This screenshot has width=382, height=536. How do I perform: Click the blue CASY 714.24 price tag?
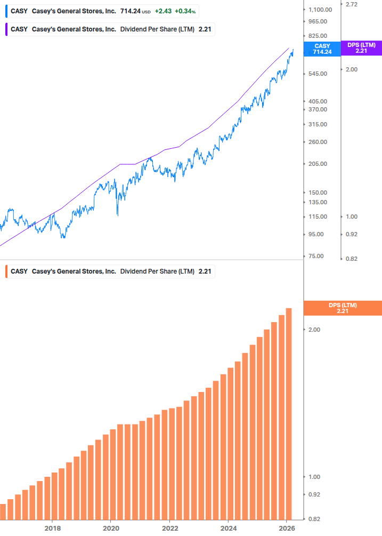(x=322, y=49)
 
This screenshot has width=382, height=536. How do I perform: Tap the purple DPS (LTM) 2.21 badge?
(x=361, y=48)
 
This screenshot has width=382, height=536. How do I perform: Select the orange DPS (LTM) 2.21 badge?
(x=342, y=308)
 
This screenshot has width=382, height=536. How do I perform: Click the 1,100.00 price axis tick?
(x=320, y=10)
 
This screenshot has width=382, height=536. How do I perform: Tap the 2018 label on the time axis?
(x=52, y=528)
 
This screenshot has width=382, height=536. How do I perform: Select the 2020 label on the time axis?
(x=111, y=528)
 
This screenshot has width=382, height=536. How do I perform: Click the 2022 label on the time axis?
(x=169, y=528)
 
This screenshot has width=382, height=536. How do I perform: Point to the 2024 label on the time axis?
(x=228, y=528)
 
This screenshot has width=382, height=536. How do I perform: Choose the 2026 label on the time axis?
(x=287, y=528)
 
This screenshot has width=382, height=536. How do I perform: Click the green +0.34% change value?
(x=185, y=11)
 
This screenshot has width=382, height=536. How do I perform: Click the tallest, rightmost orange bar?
(x=289, y=413)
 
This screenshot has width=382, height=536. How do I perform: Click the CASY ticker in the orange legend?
(x=19, y=271)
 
